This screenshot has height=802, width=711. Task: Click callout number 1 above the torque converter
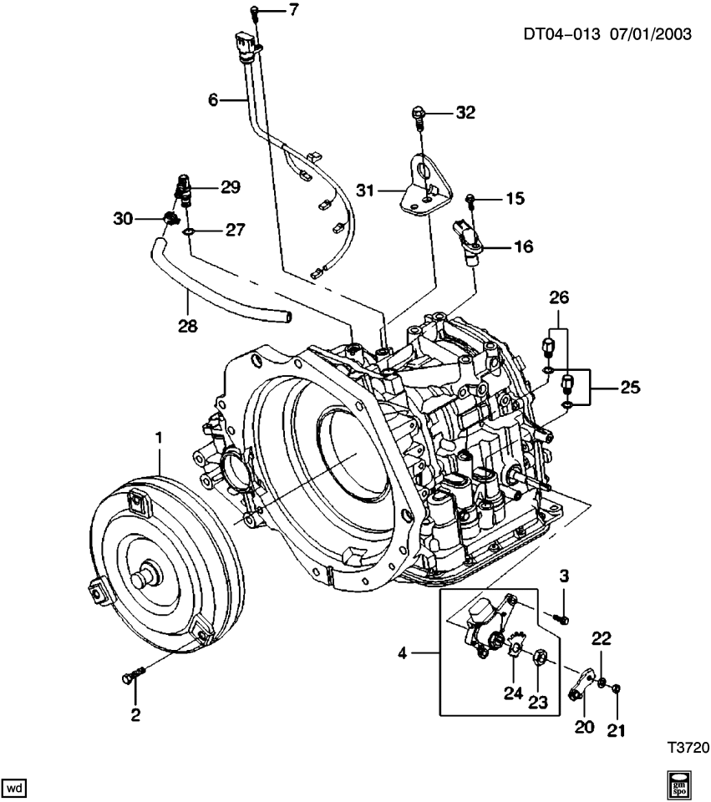click(158, 438)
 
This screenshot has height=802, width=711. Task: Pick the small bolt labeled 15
click(471, 199)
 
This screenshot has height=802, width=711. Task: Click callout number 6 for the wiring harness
click(212, 99)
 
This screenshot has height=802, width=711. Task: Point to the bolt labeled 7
click(254, 11)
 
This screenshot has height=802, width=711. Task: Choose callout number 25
click(629, 387)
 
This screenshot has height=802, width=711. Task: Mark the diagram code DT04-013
click(561, 36)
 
